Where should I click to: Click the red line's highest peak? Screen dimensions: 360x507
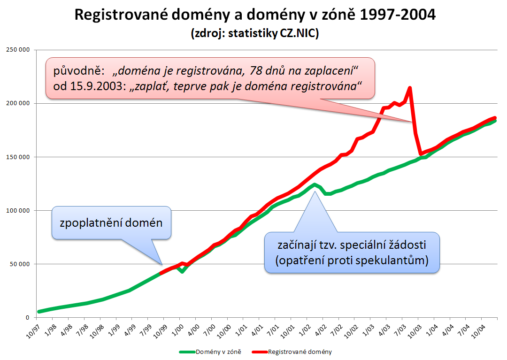coord(410,88)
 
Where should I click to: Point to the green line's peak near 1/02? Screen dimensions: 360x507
coord(314,184)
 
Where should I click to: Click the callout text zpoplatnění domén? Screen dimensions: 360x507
coord(111,222)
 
